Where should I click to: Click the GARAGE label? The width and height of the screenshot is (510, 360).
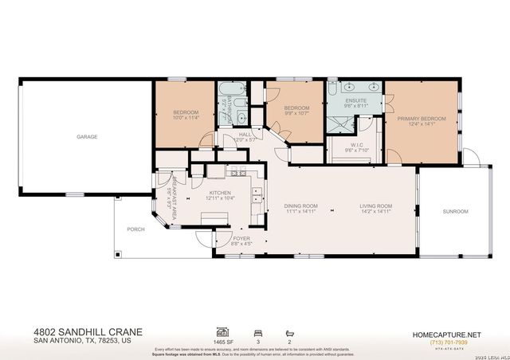pyautogui.click(x=87, y=137)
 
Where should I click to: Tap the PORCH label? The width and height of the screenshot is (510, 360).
pyautogui.click(x=135, y=229)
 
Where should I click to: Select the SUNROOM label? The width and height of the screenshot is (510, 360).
pyautogui.click(x=455, y=211)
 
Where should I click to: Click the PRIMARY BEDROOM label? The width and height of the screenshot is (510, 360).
pyautogui.click(x=422, y=119)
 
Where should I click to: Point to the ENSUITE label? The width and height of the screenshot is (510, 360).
pyautogui.click(x=355, y=100)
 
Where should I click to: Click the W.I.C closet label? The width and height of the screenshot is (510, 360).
pyautogui.click(x=355, y=145)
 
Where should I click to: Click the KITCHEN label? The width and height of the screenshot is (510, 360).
pyautogui.click(x=220, y=192)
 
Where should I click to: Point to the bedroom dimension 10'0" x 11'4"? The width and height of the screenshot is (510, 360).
pyautogui.click(x=186, y=118)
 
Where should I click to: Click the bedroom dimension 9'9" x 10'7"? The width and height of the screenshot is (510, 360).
pyautogui.click(x=296, y=112)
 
